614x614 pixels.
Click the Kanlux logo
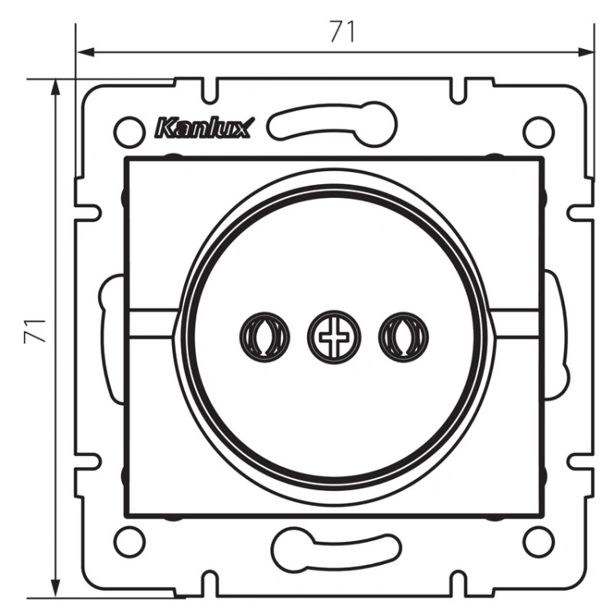click(x=205, y=128)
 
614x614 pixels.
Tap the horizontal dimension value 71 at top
click(x=342, y=31)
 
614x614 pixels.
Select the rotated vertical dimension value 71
click(x=35, y=332)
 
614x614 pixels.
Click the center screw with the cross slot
click(x=333, y=336)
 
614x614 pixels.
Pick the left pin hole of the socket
click(x=264, y=336)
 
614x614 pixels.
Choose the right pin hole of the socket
click(x=404, y=336)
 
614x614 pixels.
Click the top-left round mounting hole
click(x=129, y=132)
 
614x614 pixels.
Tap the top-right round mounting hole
click(x=539, y=132)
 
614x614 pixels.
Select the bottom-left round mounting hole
click(x=129, y=542)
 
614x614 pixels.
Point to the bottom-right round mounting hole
click(x=539, y=542)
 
